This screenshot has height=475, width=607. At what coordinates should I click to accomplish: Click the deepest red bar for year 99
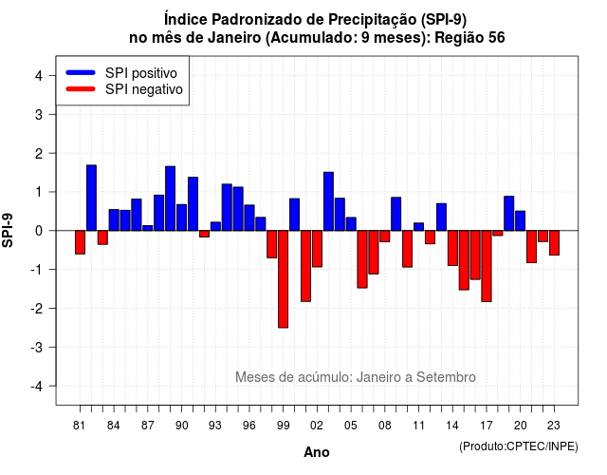click(283, 279)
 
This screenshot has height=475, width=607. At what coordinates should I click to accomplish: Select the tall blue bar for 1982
click(91, 198)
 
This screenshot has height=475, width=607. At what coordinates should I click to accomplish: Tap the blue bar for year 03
click(328, 201)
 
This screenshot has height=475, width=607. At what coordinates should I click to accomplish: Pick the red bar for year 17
click(487, 266)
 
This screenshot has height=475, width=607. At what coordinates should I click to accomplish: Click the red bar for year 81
click(80, 242)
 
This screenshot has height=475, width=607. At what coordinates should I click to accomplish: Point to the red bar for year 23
click(554, 243)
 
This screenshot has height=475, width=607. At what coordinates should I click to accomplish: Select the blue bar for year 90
click(181, 218)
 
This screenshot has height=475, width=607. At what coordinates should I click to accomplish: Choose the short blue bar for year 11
click(419, 227)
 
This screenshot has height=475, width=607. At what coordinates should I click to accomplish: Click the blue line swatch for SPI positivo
click(81, 72)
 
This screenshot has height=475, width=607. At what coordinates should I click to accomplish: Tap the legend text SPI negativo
click(143, 89)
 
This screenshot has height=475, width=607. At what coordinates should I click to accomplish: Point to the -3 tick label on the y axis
click(38, 347)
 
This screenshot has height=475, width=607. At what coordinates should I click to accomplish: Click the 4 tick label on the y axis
click(39, 76)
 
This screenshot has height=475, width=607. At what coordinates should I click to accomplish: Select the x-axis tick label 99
click(283, 426)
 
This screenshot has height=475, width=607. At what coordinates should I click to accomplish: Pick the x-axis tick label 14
click(452, 426)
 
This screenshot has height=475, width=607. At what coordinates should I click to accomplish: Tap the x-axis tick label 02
click(317, 426)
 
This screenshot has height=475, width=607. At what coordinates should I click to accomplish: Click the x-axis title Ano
click(317, 452)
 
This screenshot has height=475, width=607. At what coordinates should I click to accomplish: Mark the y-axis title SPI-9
click(8, 230)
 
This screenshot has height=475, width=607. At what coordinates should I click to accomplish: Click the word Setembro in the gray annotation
click(446, 377)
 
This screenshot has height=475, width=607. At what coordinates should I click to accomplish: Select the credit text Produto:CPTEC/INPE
click(519, 446)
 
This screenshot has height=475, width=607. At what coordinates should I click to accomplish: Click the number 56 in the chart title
click(497, 38)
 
